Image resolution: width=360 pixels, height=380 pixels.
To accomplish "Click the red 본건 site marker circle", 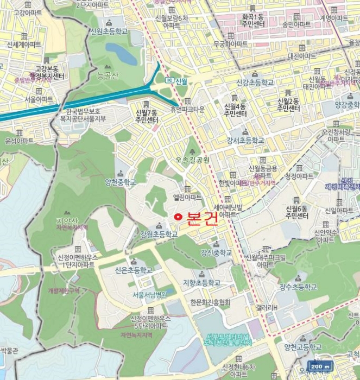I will point(177,217).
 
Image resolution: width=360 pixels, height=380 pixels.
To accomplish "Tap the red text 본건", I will point(202,218).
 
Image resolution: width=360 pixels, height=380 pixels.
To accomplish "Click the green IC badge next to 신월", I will point(169,81).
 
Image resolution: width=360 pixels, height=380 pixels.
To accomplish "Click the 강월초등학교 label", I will point(159,235).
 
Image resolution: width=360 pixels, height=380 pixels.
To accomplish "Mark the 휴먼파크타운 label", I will point(187,109).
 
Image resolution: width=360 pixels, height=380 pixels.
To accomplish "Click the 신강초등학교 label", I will point(255,83).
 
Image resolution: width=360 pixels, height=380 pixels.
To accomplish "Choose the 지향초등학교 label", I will point(201,283).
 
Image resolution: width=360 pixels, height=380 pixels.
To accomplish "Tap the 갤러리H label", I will point(268,308).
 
